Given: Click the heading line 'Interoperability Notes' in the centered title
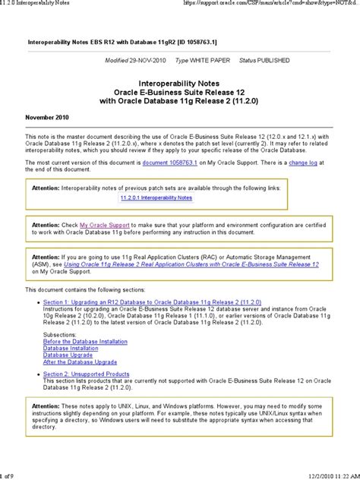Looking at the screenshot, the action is pyautogui.click(x=181, y=79).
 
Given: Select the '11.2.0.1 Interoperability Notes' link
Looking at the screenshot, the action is pyautogui.click(x=156, y=197).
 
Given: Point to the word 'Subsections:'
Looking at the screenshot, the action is pyautogui.click(x=60, y=334).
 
